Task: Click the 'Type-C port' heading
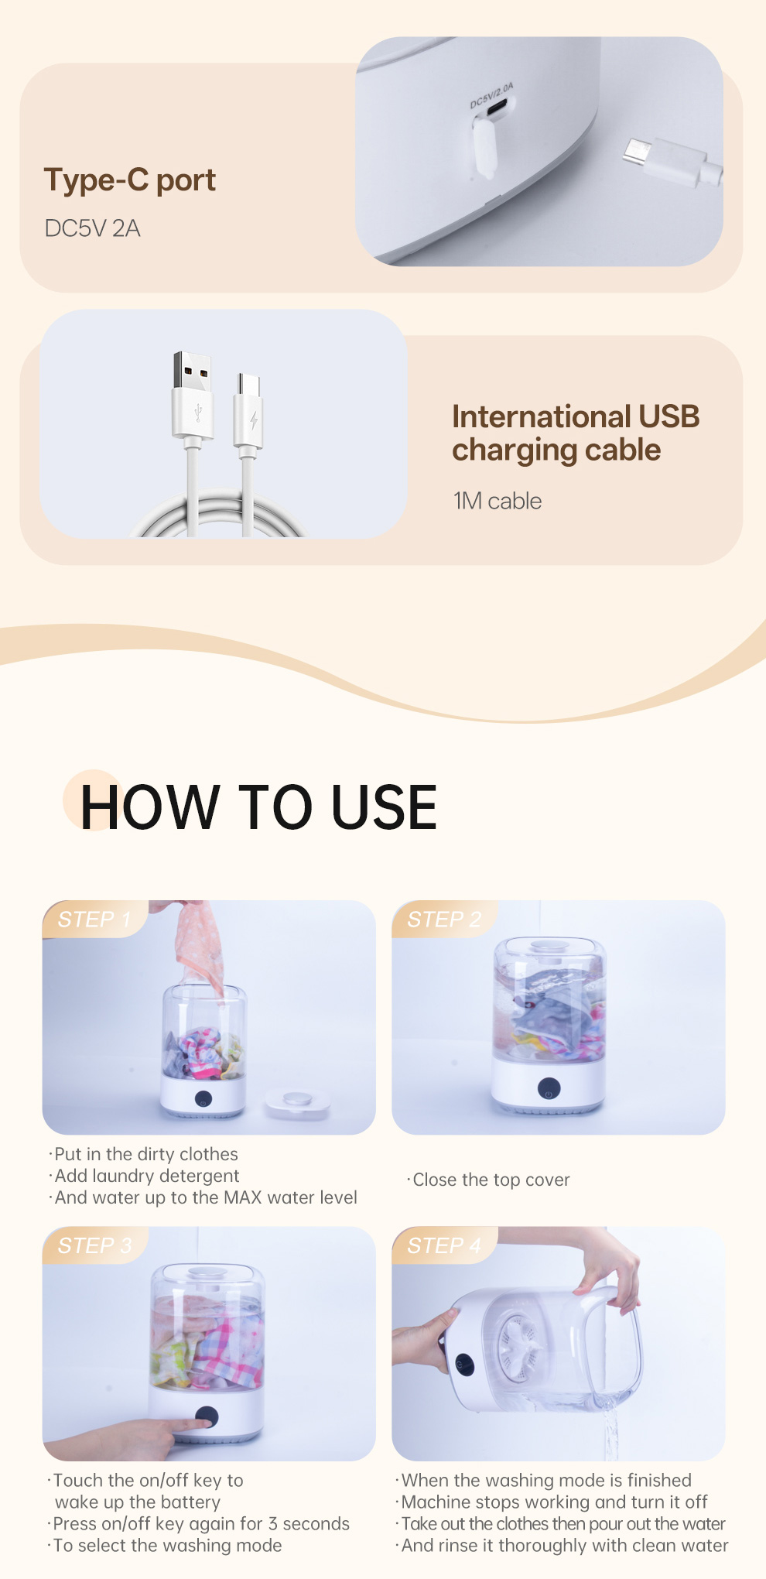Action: point(130,180)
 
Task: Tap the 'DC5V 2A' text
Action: point(92,228)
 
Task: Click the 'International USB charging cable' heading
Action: point(576,433)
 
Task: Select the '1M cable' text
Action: point(497,501)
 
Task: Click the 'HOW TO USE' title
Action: point(258,807)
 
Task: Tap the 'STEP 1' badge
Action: point(94,920)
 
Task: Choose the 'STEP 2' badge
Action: point(444,920)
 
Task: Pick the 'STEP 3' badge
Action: point(94,1245)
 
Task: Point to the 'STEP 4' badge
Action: point(444,1245)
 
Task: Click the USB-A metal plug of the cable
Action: point(193,371)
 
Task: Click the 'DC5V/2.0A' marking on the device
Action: point(492,95)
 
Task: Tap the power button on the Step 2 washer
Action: point(549,1088)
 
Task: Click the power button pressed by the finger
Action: point(207,1417)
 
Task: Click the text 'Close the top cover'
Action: point(491,1180)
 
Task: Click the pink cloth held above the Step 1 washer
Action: point(199,946)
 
